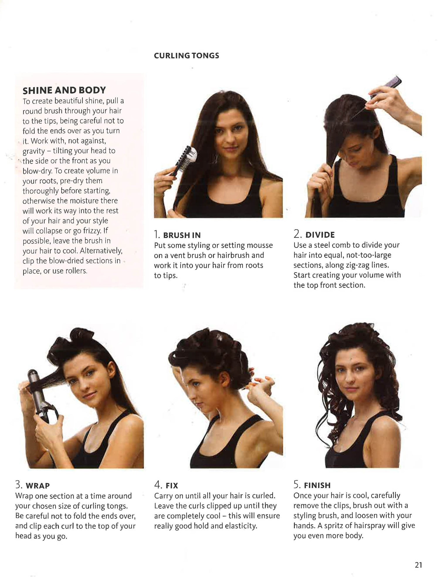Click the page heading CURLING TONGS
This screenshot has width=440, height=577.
(x=187, y=56)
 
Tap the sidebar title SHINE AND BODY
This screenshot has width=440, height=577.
(x=64, y=90)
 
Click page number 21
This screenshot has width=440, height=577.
(x=418, y=565)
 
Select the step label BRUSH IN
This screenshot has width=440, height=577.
(x=182, y=235)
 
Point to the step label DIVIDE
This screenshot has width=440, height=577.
(x=320, y=235)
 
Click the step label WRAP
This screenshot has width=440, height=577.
(x=38, y=486)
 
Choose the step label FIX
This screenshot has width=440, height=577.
(x=172, y=486)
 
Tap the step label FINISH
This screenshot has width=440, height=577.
(x=317, y=485)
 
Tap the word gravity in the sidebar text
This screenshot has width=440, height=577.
(x=34, y=151)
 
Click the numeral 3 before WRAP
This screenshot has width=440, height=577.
(x=18, y=485)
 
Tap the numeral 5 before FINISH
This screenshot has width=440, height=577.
(x=297, y=485)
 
